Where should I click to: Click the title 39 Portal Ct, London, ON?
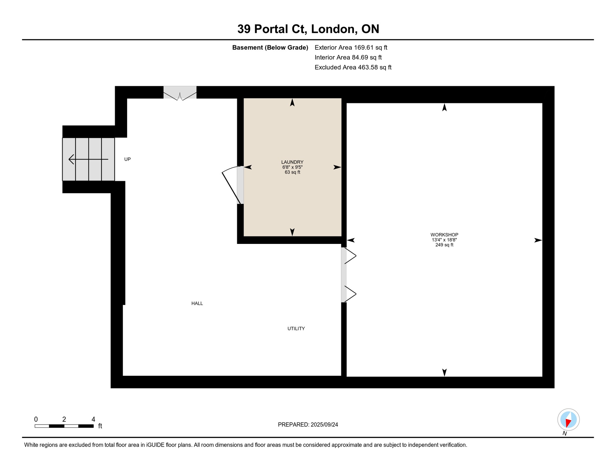tap(308, 29)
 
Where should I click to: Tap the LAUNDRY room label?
tap(292, 162)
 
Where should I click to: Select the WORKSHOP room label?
tap(444, 235)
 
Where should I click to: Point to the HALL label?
tap(197, 303)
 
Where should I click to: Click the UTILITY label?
tap(296, 328)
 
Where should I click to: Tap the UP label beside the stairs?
tap(127, 159)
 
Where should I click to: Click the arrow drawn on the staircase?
tap(88, 159)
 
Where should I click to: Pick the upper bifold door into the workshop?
tap(350, 256)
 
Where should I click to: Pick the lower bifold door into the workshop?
tap(350, 294)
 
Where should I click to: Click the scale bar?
tap(64, 426)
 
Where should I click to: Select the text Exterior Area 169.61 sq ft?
tap(351, 47)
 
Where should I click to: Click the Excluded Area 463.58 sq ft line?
tap(353, 67)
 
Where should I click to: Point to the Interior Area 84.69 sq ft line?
tap(348, 57)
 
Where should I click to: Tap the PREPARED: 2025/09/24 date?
tap(308, 425)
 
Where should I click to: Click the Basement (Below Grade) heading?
tap(270, 47)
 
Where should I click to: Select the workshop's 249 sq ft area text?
tap(444, 245)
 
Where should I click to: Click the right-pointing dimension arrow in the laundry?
tap(337, 167)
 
